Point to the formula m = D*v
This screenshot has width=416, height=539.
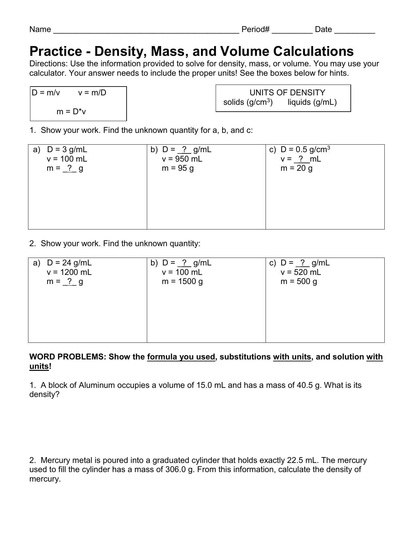pos(71,112)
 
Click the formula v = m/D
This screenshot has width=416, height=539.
pos(92,93)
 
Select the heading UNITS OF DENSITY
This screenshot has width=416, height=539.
pos(287,93)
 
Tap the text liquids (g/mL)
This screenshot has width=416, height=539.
pos(312,102)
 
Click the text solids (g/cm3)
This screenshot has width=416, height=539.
pos(248,102)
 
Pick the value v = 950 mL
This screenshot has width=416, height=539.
pos(182,159)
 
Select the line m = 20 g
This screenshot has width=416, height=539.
pos(296,168)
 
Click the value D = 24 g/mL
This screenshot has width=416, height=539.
pos(69,263)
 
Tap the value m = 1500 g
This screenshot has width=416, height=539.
pos(182,282)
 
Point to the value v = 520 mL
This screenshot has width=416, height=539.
pos(300,272)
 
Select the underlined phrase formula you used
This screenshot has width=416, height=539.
pos(181,357)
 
